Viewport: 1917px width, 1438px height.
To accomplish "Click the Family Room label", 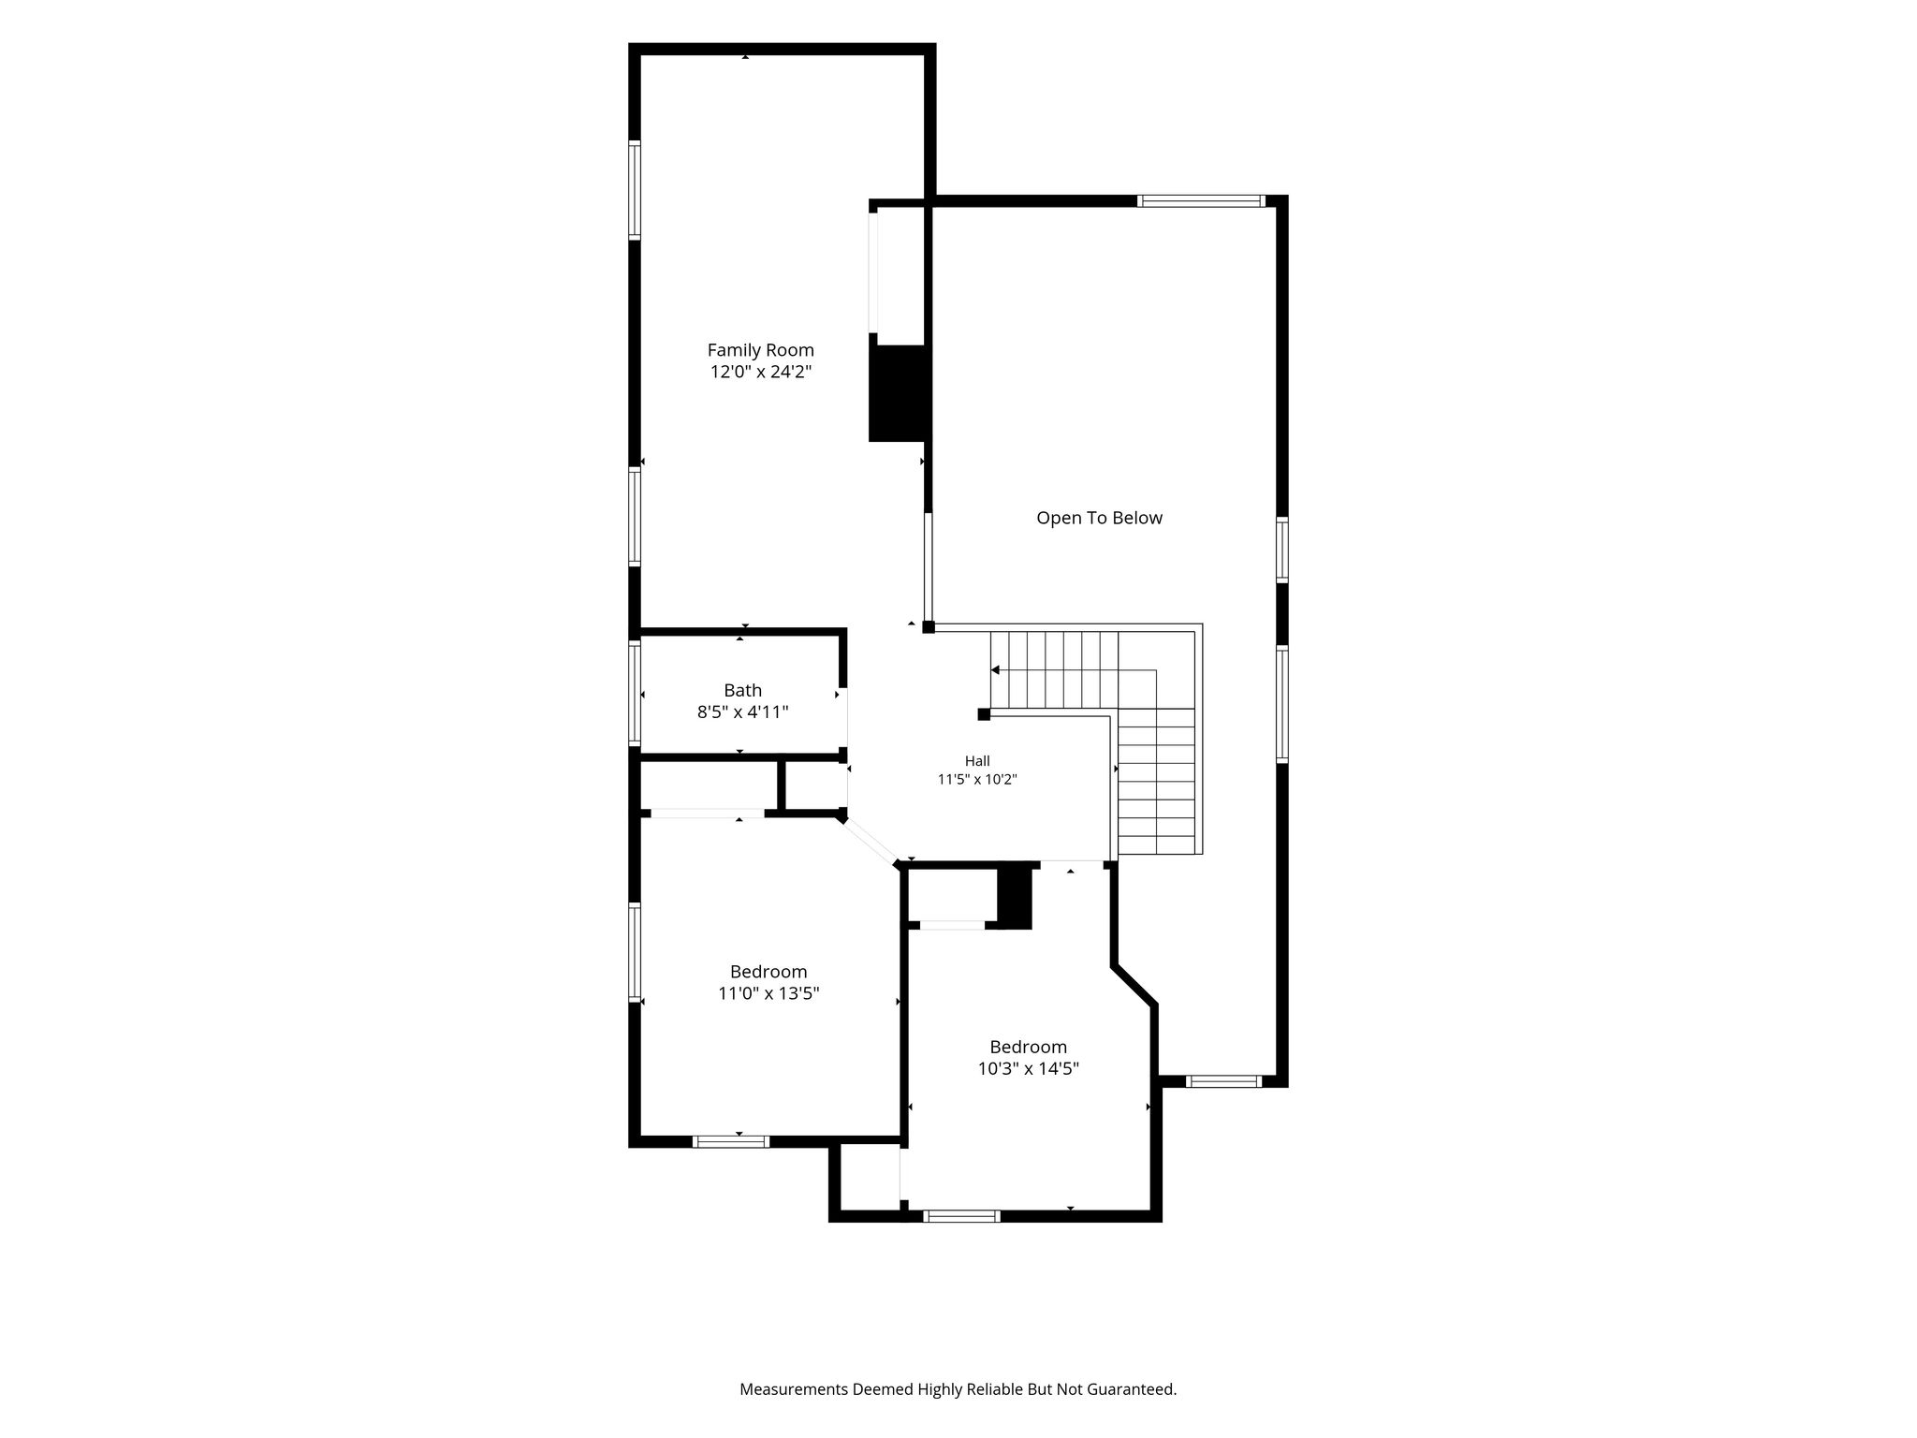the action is [760, 350].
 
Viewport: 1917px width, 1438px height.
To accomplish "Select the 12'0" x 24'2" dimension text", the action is [760, 372].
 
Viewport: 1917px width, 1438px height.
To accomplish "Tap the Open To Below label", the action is [1099, 518].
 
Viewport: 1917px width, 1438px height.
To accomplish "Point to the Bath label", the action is [742, 690].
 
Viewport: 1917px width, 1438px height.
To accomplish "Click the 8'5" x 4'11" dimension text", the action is [742, 712].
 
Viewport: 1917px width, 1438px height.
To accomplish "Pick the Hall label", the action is [977, 761].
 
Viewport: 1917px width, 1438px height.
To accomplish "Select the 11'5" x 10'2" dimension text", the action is [977, 779].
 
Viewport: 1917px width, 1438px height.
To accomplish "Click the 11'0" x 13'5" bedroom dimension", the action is [768, 993].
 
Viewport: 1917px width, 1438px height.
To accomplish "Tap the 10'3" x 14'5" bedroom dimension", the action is [1029, 1068].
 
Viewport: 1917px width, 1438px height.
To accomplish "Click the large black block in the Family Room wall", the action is [900, 393].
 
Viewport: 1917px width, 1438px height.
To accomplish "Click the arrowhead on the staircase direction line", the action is [995, 670].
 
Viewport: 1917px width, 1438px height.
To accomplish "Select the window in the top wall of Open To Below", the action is [1201, 200].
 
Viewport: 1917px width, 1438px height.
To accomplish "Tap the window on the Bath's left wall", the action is [635, 694].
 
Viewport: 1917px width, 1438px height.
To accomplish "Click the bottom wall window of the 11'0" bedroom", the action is [731, 1141].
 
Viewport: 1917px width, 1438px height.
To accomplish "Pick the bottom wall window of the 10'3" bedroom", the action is [961, 1216].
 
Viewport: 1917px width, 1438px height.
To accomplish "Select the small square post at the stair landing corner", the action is [984, 714].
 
